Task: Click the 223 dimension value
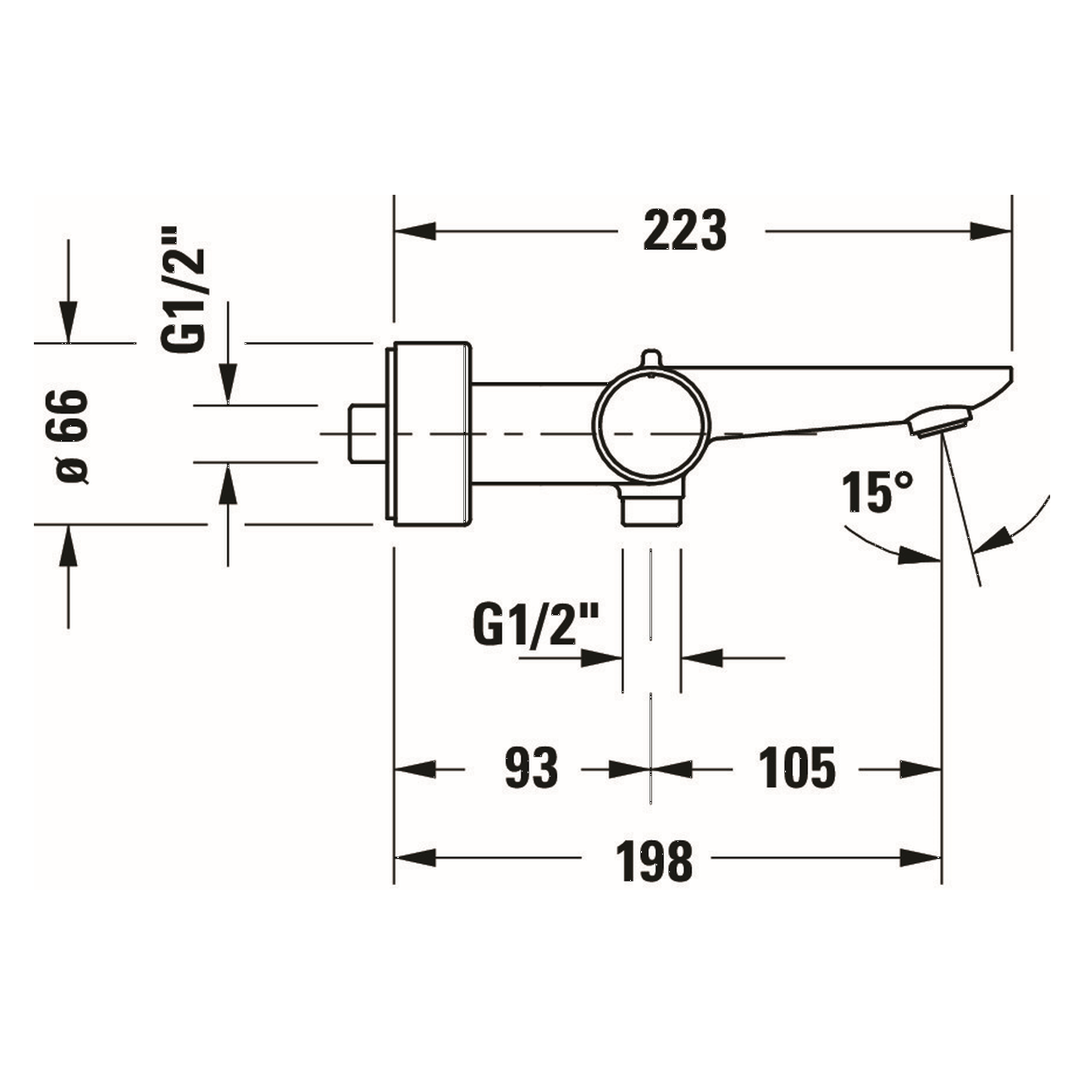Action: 684,230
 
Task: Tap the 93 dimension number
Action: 532,768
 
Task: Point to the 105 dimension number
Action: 797,768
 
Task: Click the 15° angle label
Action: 877,492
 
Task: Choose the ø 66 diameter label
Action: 73,436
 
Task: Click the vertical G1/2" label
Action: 183,290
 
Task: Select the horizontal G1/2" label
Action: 535,625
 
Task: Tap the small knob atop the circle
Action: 650,358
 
